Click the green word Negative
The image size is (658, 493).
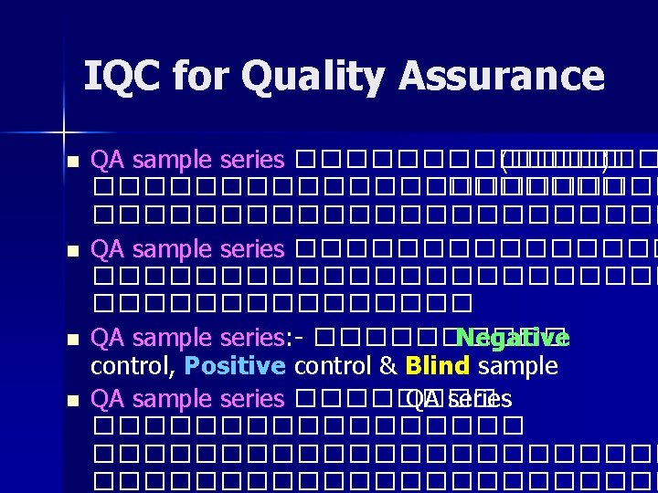[x=513, y=339]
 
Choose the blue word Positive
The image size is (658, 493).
[x=235, y=367]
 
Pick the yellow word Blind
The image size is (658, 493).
[x=437, y=367]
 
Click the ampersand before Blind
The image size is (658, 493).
[x=387, y=367]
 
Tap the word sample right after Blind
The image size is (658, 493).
[x=517, y=367]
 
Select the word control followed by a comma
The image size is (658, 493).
[x=133, y=367]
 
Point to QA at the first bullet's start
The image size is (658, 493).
[x=110, y=161]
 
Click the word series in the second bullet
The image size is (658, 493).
[x=253, y=249]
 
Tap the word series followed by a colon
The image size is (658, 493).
[x=254, y=339]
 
